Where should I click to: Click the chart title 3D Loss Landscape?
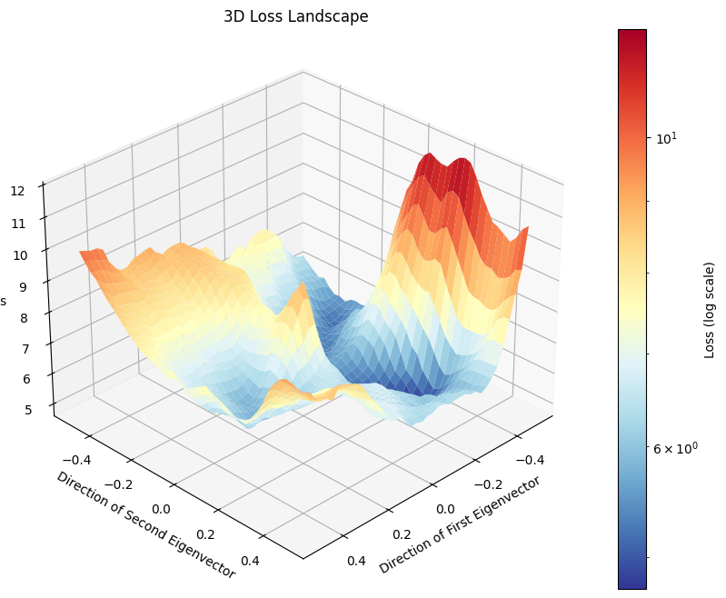point(295,16)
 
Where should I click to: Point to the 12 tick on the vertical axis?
point(18,191)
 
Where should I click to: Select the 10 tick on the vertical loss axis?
point(19,254)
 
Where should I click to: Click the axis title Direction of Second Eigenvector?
point(145,524)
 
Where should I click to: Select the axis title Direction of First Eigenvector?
point(460,524)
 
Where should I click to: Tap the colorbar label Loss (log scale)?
point(710,310)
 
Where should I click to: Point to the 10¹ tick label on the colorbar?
point(666,137)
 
